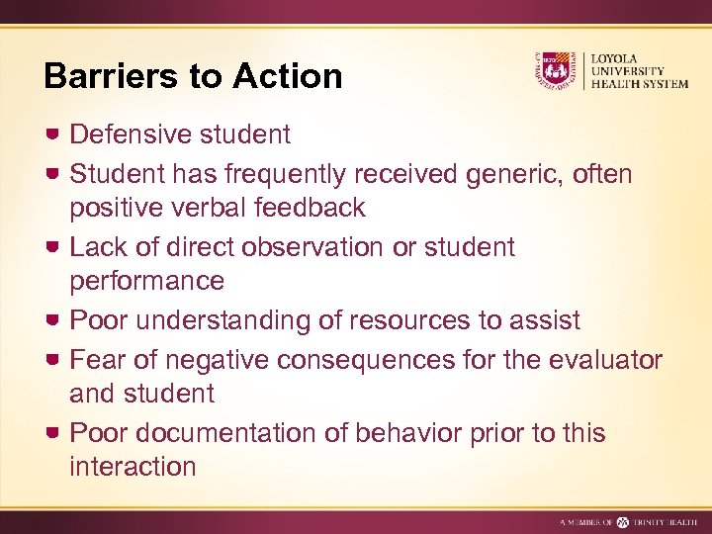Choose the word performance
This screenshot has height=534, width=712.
146,282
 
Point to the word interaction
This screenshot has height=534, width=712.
133,467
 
